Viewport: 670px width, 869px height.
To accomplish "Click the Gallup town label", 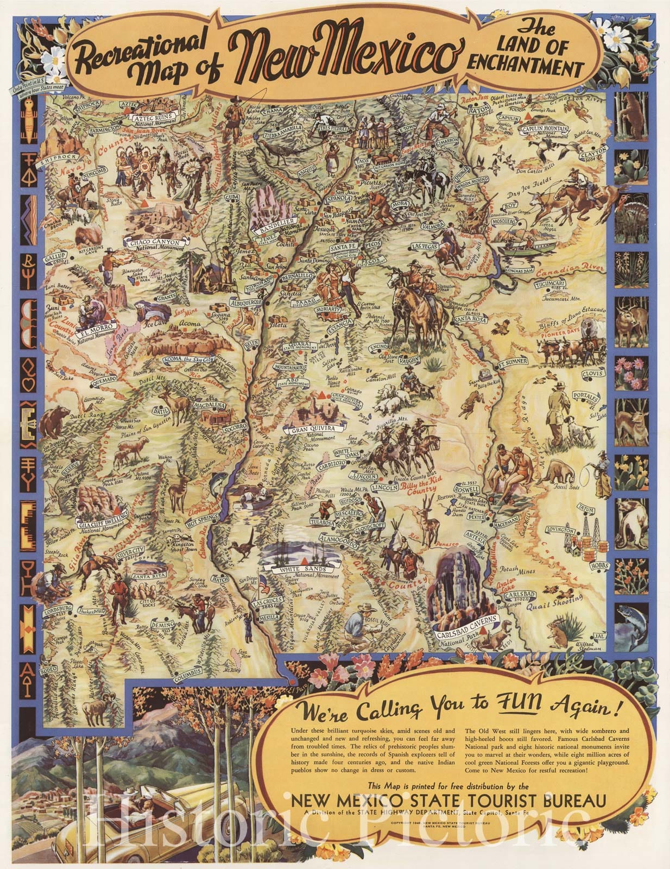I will tap(56, 255).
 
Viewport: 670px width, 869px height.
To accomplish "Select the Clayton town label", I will tap(592, 154).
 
